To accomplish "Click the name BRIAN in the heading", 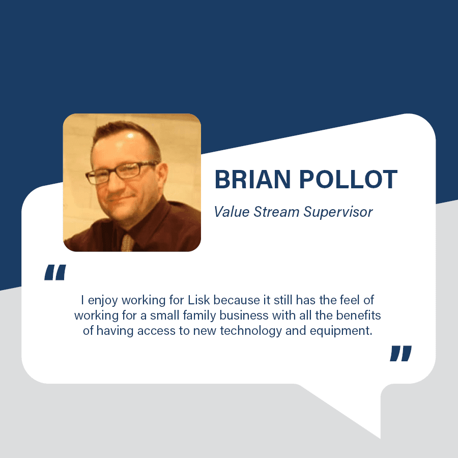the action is click(252, 179).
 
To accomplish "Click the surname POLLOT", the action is click(348, 179).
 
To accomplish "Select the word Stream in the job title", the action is click(276, 212).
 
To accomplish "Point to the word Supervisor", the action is click(338, 212).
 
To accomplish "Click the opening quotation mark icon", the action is click(55, 272).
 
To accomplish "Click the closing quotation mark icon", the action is click(401, 354).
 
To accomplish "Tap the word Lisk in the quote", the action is click(198, 300).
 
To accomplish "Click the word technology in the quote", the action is click(251, 331).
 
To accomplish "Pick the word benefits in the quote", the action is click(358, 316).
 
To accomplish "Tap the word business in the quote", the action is click(244, 316).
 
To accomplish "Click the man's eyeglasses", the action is click(121, 173).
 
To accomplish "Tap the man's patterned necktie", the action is click(127, 242).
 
